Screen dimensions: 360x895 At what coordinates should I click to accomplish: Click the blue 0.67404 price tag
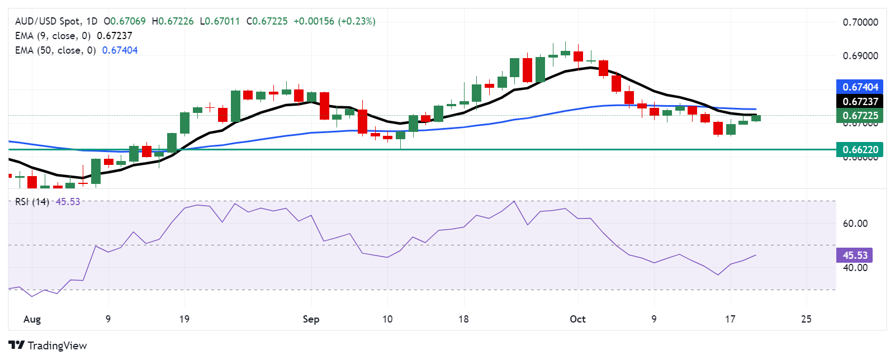(860, 87)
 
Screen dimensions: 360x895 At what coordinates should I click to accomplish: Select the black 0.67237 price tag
(860, 101)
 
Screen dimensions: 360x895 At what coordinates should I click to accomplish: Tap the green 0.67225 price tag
(860, 116)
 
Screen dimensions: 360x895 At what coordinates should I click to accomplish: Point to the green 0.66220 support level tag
(860, 149)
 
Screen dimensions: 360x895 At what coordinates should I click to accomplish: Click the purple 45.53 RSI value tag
(854, 255)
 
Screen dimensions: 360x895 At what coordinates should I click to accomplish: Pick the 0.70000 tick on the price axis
(860, 22)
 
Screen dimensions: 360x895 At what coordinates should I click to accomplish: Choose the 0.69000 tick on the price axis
(860, 56)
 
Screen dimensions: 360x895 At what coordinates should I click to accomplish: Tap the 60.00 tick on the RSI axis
(855, 224)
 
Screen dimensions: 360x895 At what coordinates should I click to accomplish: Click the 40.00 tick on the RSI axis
(855, 268)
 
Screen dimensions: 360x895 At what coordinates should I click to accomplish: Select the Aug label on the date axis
(32, 319)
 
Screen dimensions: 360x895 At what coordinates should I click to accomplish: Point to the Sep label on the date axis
(311, 319)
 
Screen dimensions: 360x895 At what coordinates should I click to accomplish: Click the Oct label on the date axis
(577, 319)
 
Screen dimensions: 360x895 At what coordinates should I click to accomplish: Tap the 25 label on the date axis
(806, 319)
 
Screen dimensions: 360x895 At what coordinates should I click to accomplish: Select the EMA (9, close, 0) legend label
(53, 36)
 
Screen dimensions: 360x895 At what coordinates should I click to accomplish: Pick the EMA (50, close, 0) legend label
(55, 50)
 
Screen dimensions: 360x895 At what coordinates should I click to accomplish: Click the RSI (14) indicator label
(32, 202)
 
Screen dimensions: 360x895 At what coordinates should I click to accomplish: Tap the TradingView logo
(48, 345)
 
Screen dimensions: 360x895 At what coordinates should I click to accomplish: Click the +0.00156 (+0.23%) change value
(334, 21)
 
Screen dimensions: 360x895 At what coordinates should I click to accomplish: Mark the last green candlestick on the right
(756, 117)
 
